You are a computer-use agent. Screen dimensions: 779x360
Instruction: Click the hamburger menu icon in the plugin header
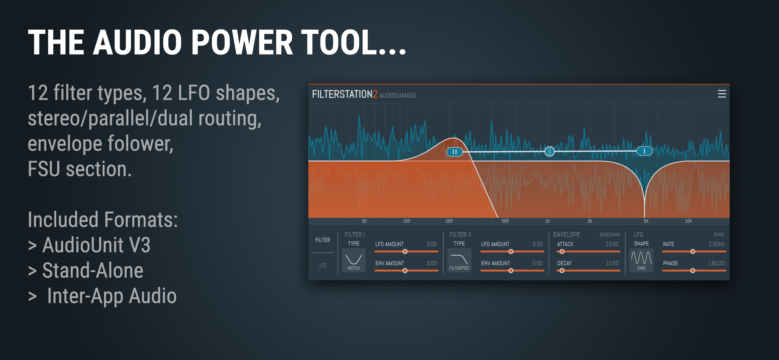[x=722, y=94]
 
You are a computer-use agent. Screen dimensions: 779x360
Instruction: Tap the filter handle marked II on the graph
[x=454, y=152]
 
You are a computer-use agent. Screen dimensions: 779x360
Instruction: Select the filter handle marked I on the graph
[x=644, y=151]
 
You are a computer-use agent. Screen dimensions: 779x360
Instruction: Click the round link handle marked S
[x=549, y=151]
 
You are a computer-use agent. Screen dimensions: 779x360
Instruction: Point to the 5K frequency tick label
[x=646, y=221]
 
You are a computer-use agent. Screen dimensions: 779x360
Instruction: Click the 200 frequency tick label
[x=449, y=221]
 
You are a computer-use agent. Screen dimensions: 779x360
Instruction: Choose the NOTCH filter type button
[x=354, y=260]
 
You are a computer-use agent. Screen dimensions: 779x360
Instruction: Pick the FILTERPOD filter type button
[x=459, y=260]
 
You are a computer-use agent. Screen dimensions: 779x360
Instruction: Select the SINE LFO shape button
[x=641, y=260]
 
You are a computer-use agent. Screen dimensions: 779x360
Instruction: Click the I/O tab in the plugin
[x=322, y=265]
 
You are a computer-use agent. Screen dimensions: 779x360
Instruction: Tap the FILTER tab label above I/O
[x=322, y=240]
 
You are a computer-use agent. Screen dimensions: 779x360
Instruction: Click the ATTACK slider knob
[x=562, y=251]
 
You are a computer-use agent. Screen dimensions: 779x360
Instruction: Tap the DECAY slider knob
[x=562, y=270]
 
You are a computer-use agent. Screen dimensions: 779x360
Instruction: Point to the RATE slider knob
[x=693, y=251]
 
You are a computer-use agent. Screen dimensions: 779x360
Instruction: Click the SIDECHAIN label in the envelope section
[x=609, y=235]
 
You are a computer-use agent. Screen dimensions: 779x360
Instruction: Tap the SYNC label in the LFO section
[x=718, y=235]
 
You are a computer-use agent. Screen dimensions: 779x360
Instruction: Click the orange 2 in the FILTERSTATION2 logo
[x=375, y=94]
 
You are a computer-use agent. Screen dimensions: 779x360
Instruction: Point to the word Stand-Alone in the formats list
[x=92, y=270]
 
